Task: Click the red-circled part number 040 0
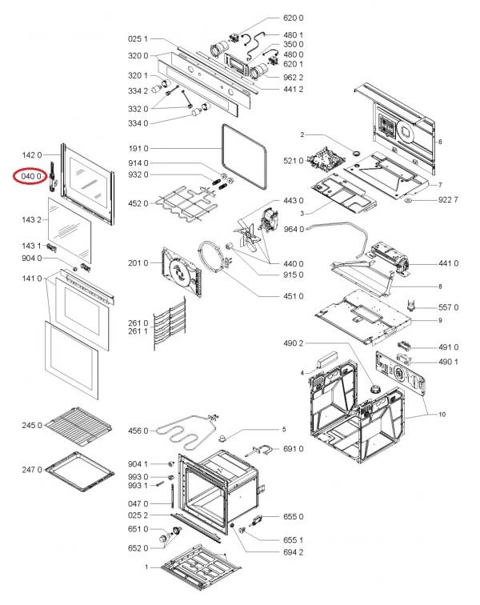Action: [x=31, y=176]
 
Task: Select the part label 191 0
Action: [x=138, y=148]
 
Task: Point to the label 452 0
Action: [x=138, y=203]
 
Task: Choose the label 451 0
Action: [x=294, y=296]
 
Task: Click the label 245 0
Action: [x=32, y=425]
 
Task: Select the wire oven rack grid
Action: [x=78, y=426]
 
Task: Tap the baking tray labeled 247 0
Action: [x=79, y=472]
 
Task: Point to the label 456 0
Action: [x=138, y=431]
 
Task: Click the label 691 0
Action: [x=294, y=449]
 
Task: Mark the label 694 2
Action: [x=294, y=552]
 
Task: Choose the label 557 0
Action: [x=448, y=307]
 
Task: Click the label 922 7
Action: [x=448, y=200]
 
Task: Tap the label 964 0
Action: [x=294, y=229]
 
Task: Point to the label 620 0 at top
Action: [x=294, y=18]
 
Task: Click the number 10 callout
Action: [x=442, y=415]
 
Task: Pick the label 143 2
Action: [x=32, y=219]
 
